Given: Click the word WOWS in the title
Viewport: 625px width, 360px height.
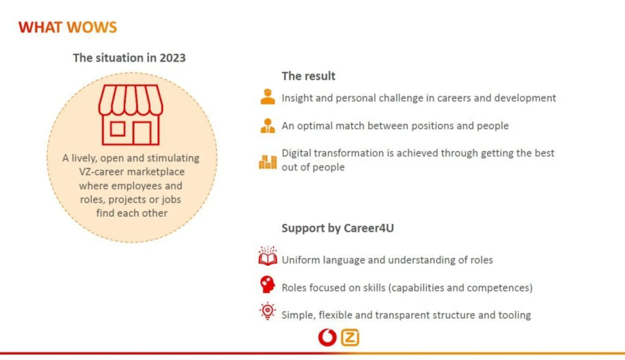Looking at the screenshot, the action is pos(92,27).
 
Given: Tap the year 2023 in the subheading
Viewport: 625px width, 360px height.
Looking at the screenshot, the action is pos(173,58).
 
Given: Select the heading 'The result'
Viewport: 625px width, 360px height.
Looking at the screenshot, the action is pos(308,76).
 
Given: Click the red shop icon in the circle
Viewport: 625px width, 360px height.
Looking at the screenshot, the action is pos(131,115).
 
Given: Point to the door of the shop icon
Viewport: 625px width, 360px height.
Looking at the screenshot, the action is pos(142,133).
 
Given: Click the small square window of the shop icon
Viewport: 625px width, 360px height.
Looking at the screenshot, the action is pos(118,129).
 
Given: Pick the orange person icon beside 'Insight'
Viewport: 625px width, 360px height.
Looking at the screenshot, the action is pos(268,97).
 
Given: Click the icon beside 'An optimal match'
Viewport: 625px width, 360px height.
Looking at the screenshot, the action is pos(268,126).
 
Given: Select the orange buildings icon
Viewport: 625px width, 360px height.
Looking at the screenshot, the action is pos(268,162).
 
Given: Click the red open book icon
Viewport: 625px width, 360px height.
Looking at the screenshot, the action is pos(268,256).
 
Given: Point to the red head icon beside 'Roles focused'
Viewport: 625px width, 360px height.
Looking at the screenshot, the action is pos(267,284).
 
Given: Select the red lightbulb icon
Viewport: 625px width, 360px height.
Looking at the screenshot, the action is pos(268,311).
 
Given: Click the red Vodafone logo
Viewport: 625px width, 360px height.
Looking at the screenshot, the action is pos(327,338).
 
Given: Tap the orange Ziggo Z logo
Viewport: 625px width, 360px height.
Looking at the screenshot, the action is pos(350,338).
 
